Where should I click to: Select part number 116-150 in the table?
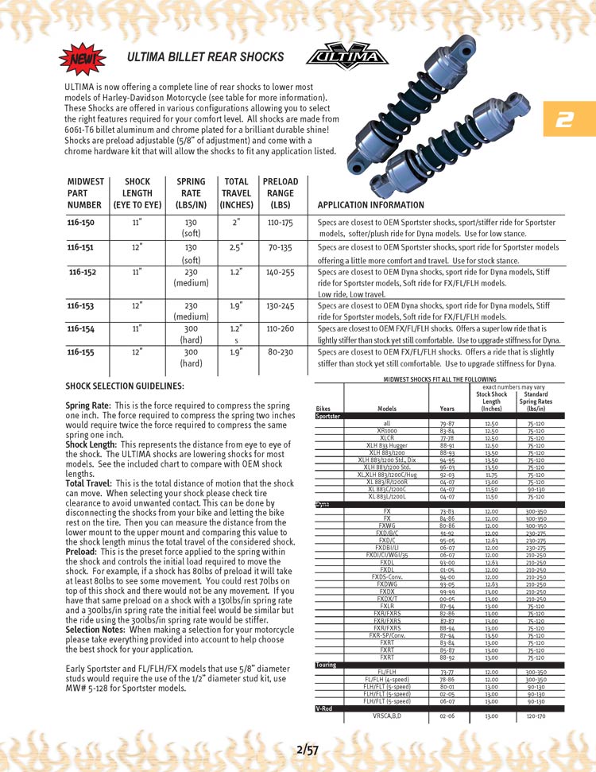(81, 224)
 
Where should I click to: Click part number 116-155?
(81, 351)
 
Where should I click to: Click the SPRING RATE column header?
(191, 193)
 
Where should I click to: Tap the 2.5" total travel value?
(236, 247)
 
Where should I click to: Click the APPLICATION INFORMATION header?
(370, 205)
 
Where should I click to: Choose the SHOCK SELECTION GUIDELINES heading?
(125, 386)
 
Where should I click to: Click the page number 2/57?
(307, 749)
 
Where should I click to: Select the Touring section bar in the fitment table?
(327, 665)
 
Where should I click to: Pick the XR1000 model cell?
(387, 430)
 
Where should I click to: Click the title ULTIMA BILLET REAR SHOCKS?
(205, 57)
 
